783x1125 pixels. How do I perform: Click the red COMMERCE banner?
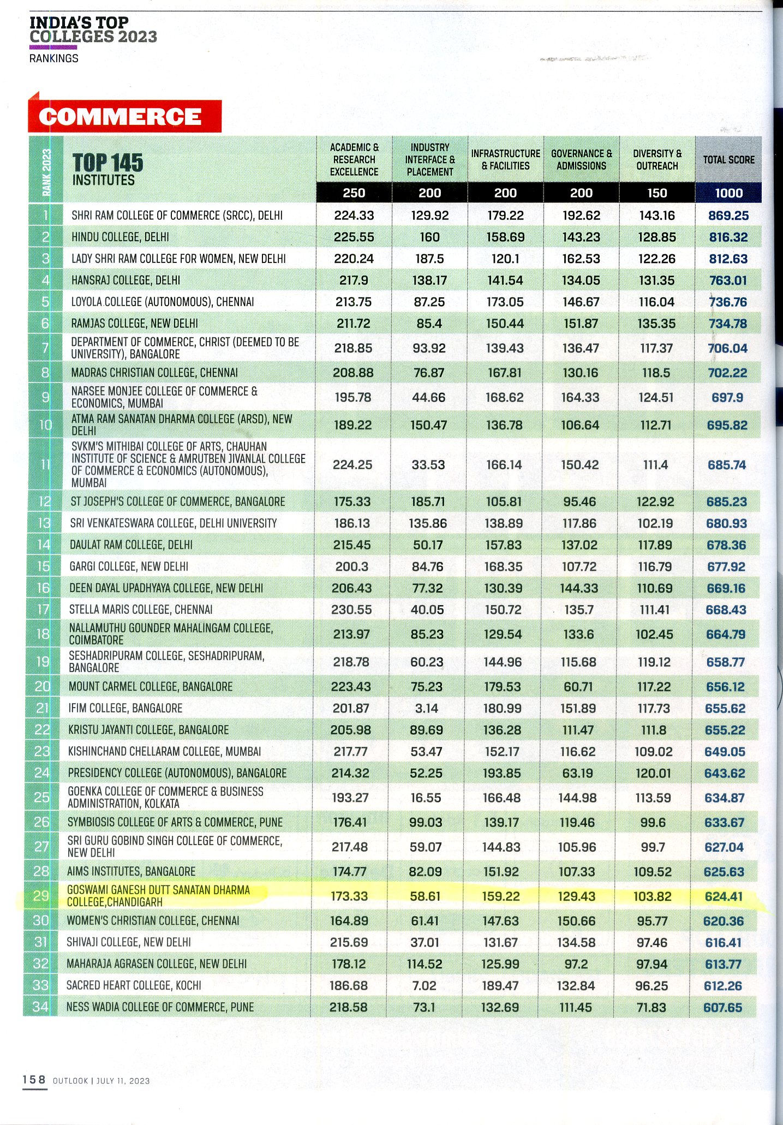pos(124,116)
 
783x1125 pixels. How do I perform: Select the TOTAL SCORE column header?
pos(728,159)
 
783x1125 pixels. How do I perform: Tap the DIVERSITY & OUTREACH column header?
pos(657,159)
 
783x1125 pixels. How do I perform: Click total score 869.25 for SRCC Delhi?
pos(728,216)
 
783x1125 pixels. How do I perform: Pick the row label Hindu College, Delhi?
pos(120,237)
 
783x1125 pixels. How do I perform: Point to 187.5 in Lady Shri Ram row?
pos(429,259)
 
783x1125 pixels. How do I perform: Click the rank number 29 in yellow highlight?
pos(41,895)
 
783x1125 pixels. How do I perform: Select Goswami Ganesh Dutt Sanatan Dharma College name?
pos(158,896)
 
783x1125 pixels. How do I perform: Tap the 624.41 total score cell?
pos(724,896)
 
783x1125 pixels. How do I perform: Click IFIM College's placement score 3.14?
pos(426,708)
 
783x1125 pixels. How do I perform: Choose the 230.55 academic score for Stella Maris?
pos(351,609)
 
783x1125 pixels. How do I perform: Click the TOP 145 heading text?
pos(107,163)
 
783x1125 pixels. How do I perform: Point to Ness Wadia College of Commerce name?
pos(160,1007)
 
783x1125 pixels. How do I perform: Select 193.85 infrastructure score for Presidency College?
pos(502,773)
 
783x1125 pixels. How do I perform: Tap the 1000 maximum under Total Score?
pos(728,193)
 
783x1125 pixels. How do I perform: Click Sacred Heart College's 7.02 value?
pos(425,985)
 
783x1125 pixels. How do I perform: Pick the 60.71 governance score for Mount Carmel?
pos(579,686)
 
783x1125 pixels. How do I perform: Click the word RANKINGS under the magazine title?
pos(53,58)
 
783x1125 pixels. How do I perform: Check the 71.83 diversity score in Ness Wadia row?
pos(651,1007)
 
